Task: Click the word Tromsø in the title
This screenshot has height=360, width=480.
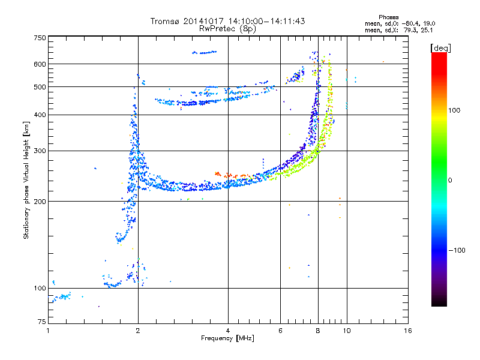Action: (x=165, y=21)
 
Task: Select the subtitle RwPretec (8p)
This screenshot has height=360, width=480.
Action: (x=227, y=29)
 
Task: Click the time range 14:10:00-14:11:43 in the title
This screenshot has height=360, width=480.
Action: (x=266, y=21)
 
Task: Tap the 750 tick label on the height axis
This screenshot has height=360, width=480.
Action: (x=40, y=38)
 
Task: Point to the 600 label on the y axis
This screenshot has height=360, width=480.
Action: (x=40, y=64)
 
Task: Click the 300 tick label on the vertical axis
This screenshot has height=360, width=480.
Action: (x=40, y=151)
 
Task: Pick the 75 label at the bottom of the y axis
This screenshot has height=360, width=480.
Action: (x=42, y=322)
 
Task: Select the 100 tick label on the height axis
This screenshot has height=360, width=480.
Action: (x=40, y=288)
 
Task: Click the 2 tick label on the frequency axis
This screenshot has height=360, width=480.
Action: (x=138, y=331)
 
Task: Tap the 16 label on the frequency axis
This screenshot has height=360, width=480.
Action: (x=408, y=331)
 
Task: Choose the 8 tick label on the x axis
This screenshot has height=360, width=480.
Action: (x=318, y=331)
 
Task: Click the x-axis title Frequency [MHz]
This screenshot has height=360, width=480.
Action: (x=227, y=338)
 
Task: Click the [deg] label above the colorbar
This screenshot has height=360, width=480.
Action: (x=440, y=48)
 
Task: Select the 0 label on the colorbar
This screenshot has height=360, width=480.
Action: (x=450, y=181)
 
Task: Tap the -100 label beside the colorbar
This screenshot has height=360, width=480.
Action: (x=457, y=250)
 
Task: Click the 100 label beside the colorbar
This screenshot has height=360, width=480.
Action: (x=454, y=110)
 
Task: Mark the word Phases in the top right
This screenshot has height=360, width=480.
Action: (x=388, y=17)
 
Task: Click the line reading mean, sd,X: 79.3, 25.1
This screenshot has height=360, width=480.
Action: (x=398, y=31)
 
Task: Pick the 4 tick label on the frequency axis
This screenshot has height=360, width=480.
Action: (x=228, y=331)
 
